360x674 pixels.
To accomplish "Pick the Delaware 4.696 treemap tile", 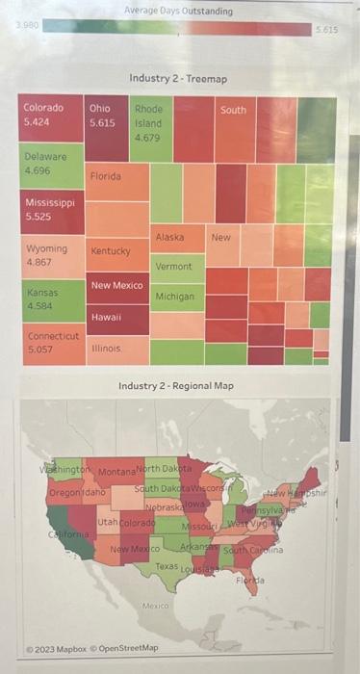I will (x=51, y=166).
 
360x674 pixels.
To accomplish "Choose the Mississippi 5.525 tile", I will (x=51, y=212).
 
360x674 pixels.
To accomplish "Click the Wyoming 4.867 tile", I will (x=51, y=256).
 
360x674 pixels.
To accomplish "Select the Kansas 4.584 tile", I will (x=51, y=299).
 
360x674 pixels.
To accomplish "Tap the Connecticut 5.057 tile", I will (x=51, y=344).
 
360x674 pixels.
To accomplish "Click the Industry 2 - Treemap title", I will (x=178, y=77).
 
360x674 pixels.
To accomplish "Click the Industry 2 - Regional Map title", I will (x=176, y=386).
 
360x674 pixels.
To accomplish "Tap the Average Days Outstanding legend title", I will (x=178, y=11).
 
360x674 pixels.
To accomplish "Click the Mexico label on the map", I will (x=155, y=606).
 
